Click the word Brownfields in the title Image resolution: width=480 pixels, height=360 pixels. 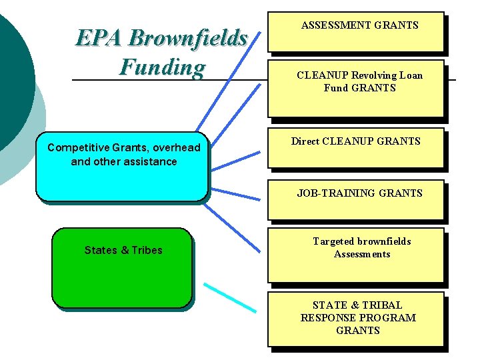pyautogui.click(x=188, y=39)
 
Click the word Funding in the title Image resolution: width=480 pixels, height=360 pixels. pyautogui.click(x=162, y=67)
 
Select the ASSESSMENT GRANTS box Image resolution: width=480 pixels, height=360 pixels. pyautogui.click(x=355, y=31)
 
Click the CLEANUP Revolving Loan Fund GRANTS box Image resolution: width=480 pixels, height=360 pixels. pyautogui.click(x=355, y=90)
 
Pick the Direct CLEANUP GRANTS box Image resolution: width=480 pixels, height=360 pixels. pyautogui.click(x=355, y=147)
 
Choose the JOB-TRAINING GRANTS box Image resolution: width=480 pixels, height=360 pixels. pyautogui.click(x=355, y=199)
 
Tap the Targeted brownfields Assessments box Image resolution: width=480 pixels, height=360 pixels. pyautogui.click(x=355, y=255)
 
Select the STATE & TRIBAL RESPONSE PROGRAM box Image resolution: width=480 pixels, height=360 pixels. pyautogui.click(x=355, y=319)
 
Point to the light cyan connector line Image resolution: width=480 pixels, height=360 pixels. pyautogui.click(x=229, y=297)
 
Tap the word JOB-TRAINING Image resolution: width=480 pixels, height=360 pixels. pyautogui.click(x=337, y=193)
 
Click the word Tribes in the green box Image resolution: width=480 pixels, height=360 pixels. pyautogui.click(x=147, y=251)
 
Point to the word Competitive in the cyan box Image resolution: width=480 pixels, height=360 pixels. pyautogui.click(x=76, y=148)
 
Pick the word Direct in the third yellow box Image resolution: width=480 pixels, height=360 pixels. pyautogui.click(x=305, y=141)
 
